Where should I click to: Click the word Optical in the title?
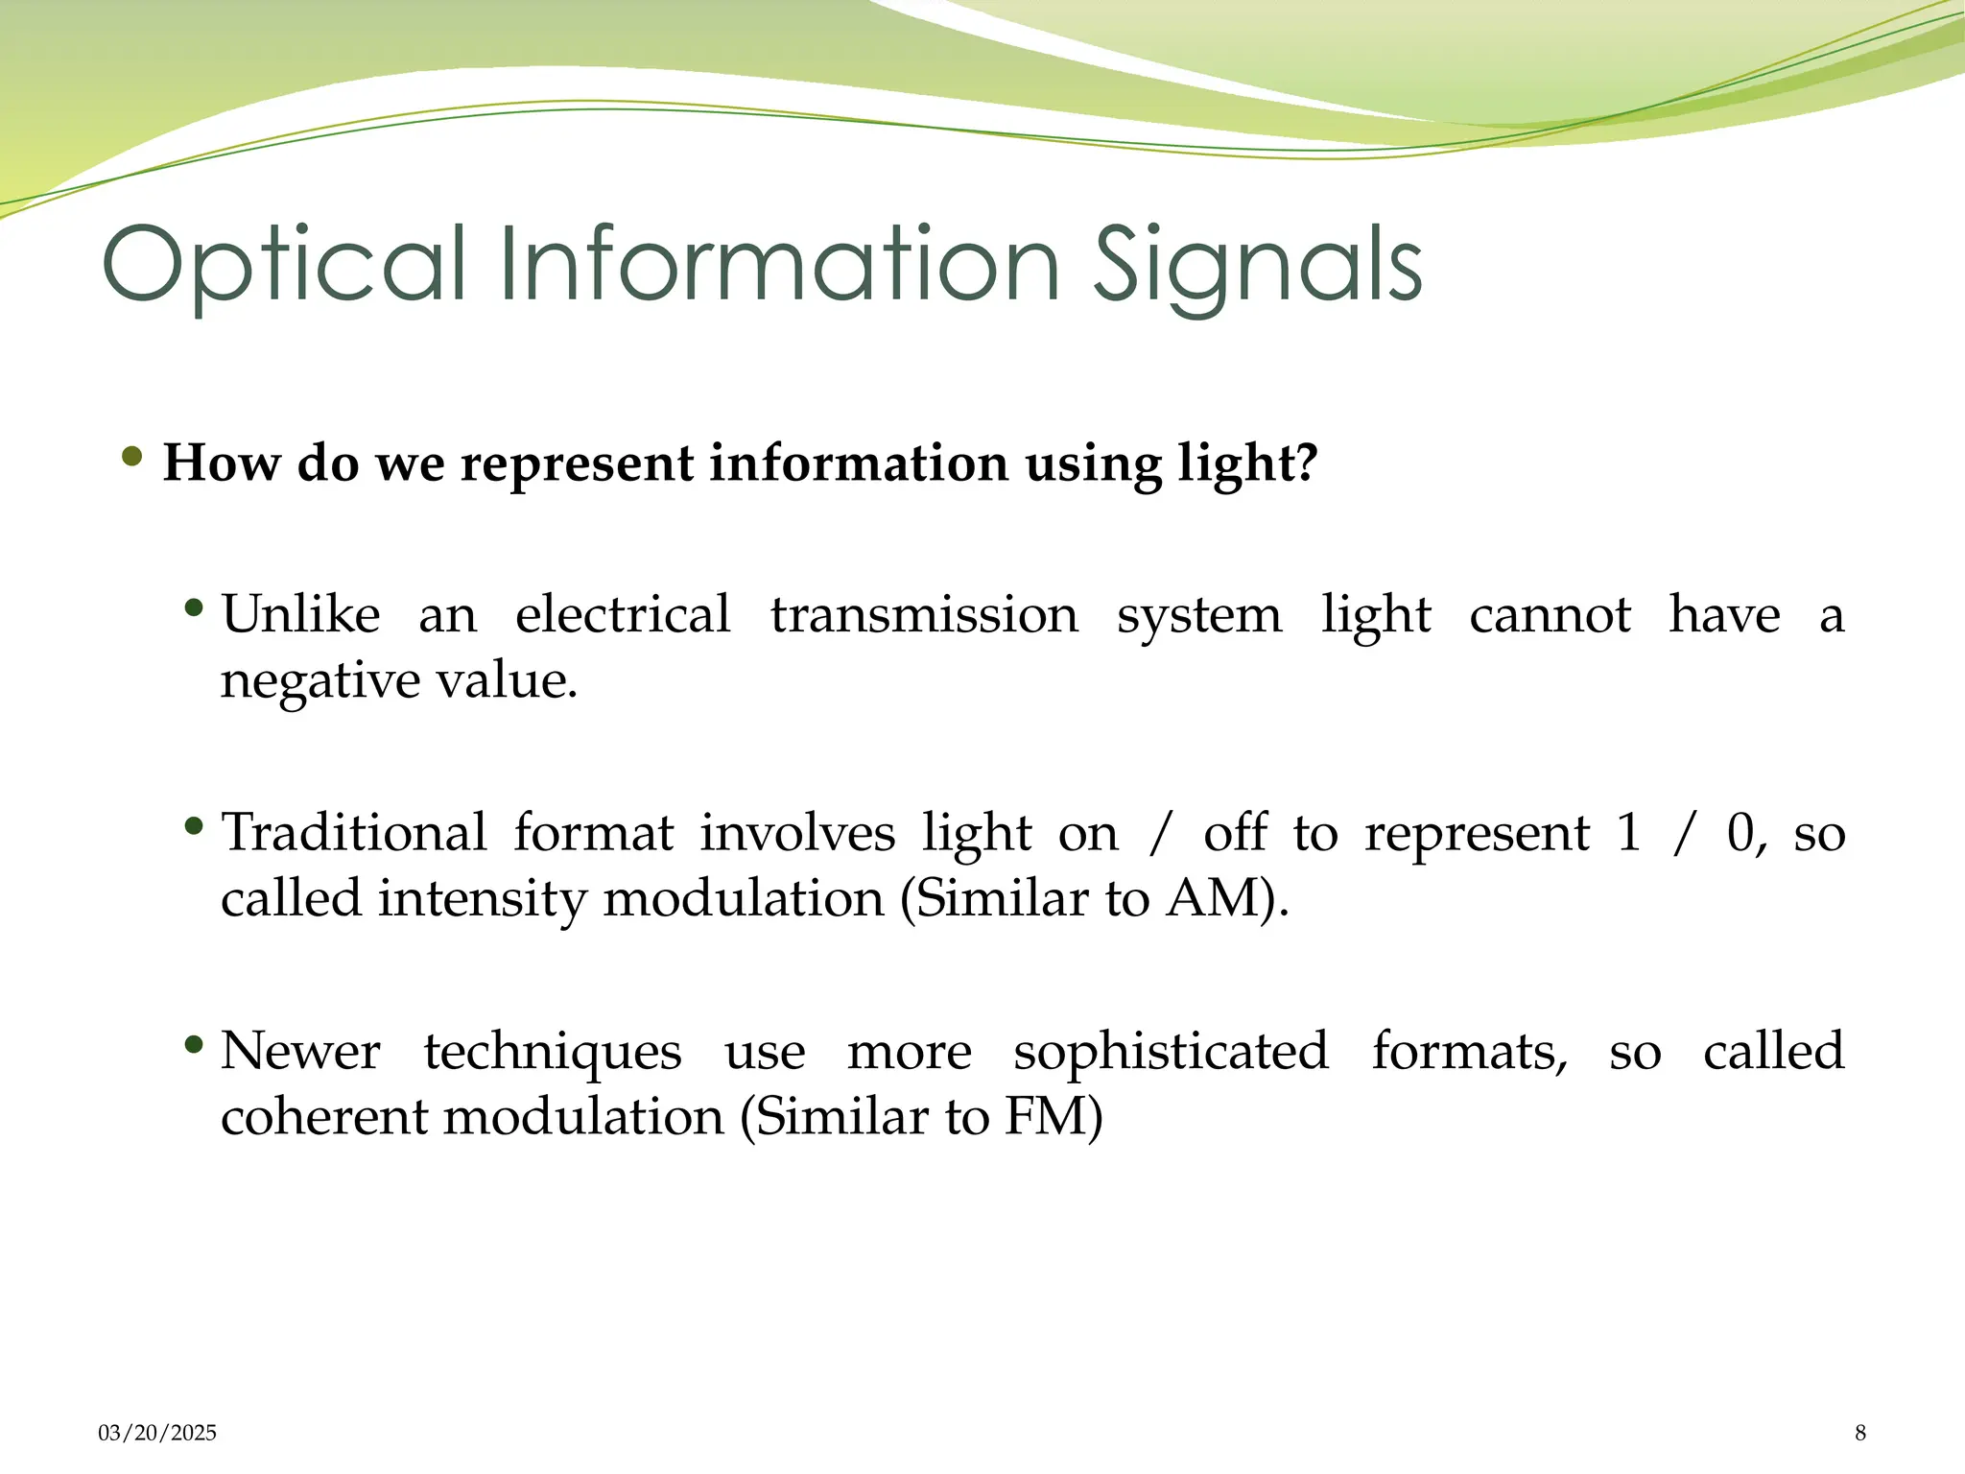284,264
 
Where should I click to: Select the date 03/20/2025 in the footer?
157,1433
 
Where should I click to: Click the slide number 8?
1860,1433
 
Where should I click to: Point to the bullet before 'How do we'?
132,456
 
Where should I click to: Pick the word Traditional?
354,832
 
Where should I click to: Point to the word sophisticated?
1171,1051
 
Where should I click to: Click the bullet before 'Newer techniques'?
194,1043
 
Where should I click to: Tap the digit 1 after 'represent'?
1628,832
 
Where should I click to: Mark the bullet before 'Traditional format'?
194,825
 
